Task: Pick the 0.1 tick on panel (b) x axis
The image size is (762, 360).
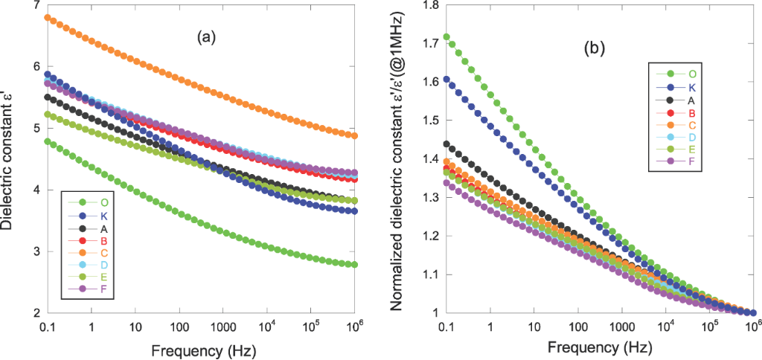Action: pyautogui.click(x=446, y=328)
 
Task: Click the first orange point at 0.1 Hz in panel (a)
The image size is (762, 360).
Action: pyautogui.click(x=48, y=17)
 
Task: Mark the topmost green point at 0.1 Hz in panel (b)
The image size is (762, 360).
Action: pyautogui.click(x=446, y=36)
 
